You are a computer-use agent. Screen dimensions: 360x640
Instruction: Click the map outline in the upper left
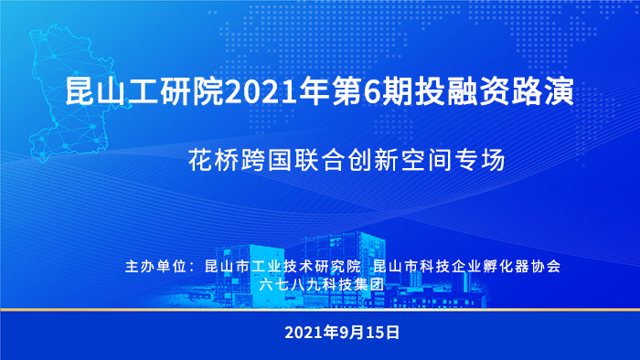pos(69,91)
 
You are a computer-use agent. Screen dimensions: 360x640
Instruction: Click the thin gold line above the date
pos(320,311)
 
